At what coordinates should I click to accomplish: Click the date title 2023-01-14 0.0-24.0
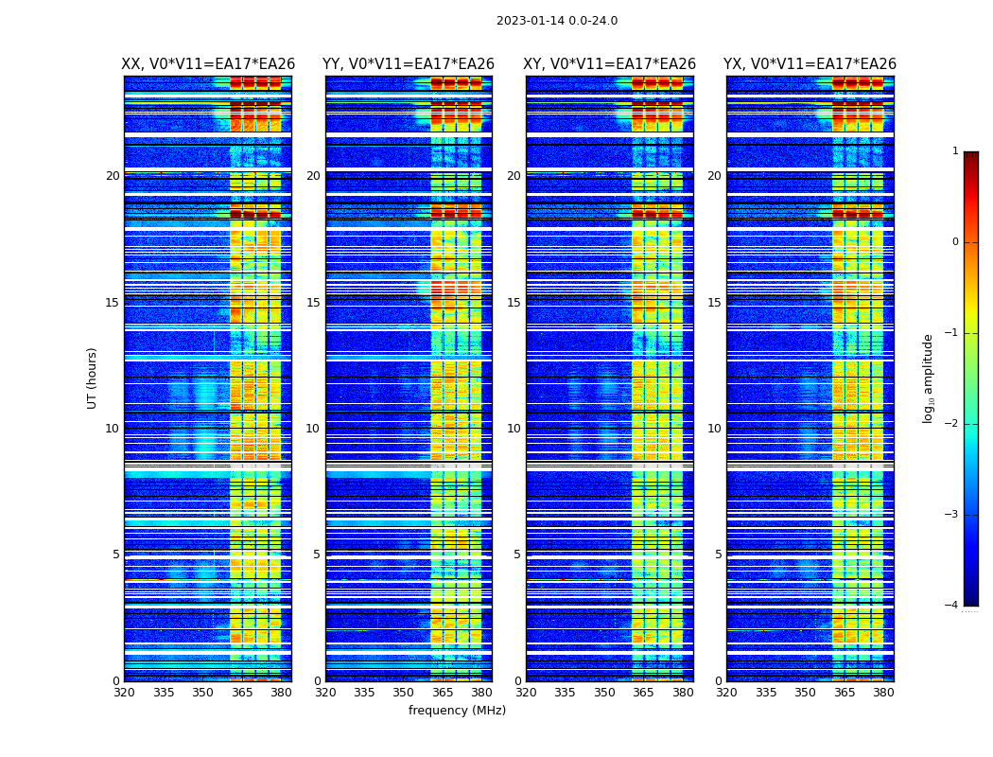tap(557, 21)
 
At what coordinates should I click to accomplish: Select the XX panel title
tap(208, 64)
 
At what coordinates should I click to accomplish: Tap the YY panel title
tap(409, 64)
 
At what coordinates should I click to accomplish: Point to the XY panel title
tap(610, 64)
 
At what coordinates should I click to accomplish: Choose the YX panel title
tap(810, 64)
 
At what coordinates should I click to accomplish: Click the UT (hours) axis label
tap(93, 378)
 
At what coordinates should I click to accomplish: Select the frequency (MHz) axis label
tap(457, 711)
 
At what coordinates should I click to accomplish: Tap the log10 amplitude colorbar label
tap(929, 378)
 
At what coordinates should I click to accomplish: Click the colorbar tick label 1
tap(955, 151)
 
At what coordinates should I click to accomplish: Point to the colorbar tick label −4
tap(952, 606)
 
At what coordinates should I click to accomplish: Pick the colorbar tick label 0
tap(955, 242)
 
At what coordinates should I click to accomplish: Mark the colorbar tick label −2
tap(952, 424)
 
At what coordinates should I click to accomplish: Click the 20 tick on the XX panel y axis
tap(113, 176)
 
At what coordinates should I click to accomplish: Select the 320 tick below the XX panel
tap(124, 693)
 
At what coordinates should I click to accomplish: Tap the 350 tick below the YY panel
tap(404, 693)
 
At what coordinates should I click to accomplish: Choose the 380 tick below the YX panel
tap(883, 693)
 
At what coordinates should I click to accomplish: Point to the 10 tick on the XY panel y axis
tap(514, 429)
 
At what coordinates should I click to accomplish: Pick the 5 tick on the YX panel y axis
tap(719, 555)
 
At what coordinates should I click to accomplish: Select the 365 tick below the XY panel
tap(643, 693)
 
